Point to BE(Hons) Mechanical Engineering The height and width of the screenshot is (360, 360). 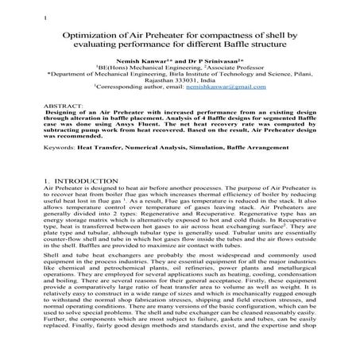point(145,68)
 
